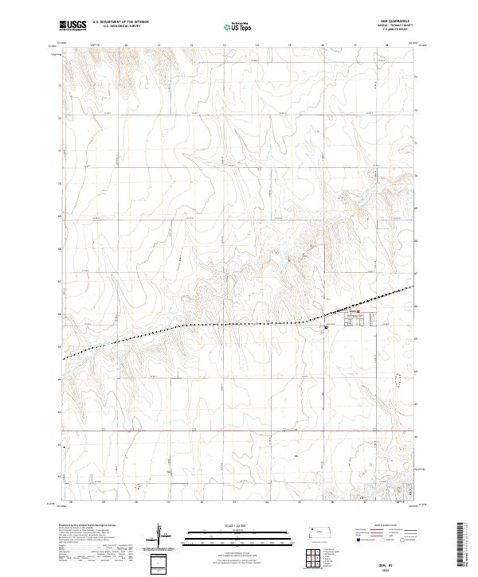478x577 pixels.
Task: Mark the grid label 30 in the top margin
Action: (x=127, y=45)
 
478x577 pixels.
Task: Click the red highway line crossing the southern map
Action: (x=239, y=432)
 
